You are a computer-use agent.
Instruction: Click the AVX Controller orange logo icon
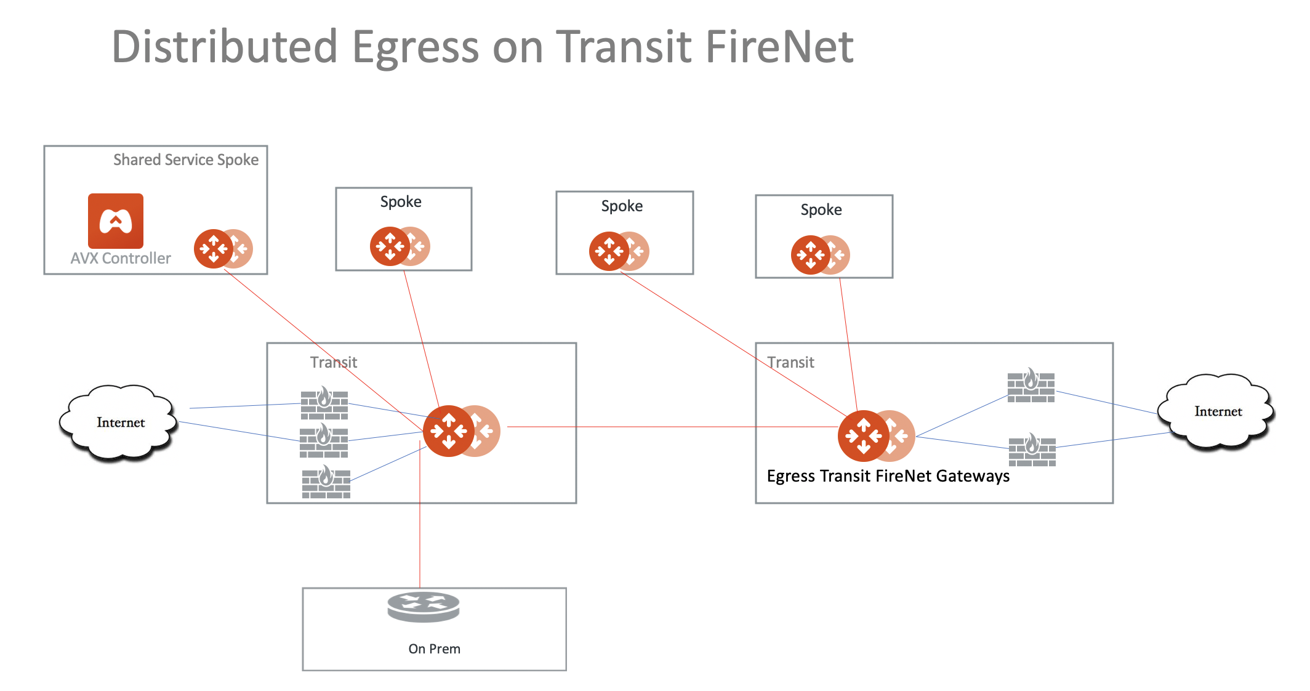[116, 221]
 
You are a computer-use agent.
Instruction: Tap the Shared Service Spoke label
[186, 160]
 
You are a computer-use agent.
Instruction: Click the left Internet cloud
[119, 422]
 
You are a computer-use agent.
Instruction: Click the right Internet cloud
[1216, 411]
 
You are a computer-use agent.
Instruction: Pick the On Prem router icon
[424, 607]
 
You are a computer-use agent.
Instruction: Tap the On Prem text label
[434, 649]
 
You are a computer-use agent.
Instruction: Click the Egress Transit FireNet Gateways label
[888, 476]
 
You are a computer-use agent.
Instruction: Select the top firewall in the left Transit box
[324, 404]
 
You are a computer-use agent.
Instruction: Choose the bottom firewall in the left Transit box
[326, 483]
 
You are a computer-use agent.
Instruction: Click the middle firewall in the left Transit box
[324, 442]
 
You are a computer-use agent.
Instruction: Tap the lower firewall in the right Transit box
[1032, 451]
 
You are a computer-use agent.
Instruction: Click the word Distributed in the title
[225, 47]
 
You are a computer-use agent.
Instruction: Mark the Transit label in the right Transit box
[790, 362]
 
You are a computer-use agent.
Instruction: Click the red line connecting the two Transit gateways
[646, 427]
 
